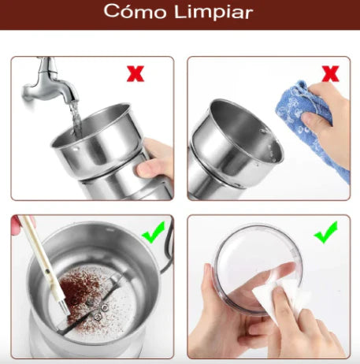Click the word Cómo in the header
[x=135, y=11]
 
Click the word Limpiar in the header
[x=213, y=12]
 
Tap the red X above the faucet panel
[x=135, y=73]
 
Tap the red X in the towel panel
[x=330, y=73]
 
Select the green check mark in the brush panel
[x=154, y=232]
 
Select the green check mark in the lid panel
[x=325, y=232]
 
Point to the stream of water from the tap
[x=76, y=119]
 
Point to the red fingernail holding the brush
[x=15, y=226]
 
